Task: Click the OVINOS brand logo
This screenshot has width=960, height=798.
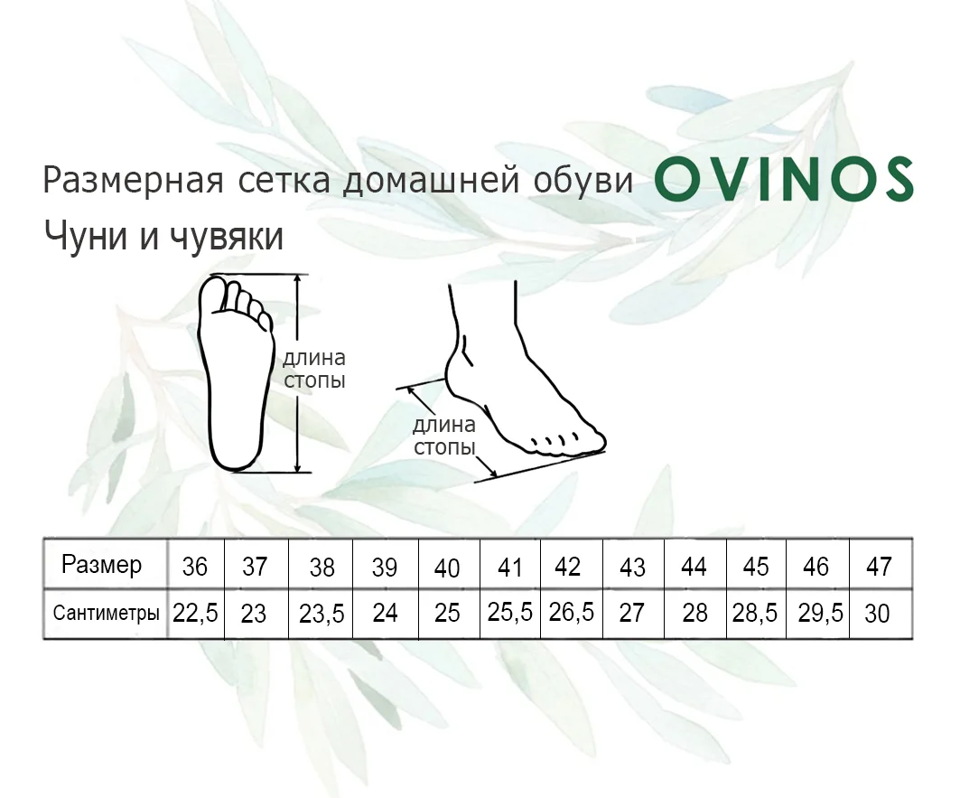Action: (784, 179)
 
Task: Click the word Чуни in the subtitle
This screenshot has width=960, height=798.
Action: (86, 236)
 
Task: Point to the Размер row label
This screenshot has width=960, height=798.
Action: (102, 565)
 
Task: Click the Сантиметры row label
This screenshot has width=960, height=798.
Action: (106, 613)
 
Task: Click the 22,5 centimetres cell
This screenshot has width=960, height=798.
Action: (195, 613)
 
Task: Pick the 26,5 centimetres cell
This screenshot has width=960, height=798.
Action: (572, 613)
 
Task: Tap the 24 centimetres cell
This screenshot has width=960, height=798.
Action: (385, 613)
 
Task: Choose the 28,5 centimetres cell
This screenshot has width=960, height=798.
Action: (755, 613)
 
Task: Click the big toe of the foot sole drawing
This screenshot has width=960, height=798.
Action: (215, 294)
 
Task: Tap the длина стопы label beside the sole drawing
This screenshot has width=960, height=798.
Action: (314, 369)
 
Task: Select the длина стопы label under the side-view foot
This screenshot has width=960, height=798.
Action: (444, 436)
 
